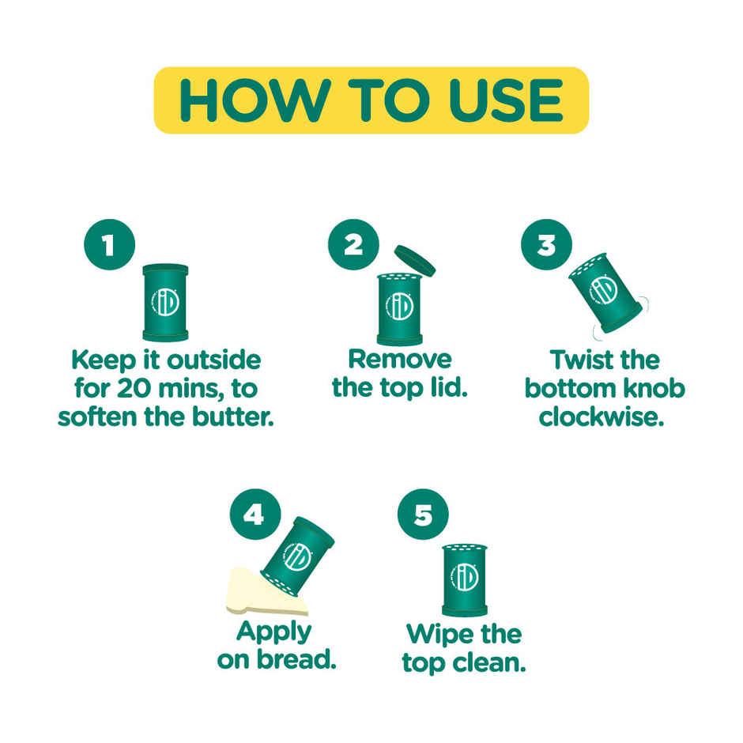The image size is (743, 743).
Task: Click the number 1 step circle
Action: tap(109, 244)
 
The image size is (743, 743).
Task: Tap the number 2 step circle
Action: tap(353, 244)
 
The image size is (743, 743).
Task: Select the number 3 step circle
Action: tap(546, 244)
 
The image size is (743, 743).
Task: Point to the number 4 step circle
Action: tap(255, 514)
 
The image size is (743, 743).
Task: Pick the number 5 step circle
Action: tap(423, 514)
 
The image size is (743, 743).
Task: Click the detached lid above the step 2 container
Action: tap(415, 260)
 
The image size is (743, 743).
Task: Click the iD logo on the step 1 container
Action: tap(165, 302)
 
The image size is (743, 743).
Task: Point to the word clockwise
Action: tap(602, 417)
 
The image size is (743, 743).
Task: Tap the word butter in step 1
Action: tap(232, 417)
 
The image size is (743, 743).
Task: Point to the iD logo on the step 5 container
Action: tap(465, 577)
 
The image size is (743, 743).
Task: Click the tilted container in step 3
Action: tap(605, 292)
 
